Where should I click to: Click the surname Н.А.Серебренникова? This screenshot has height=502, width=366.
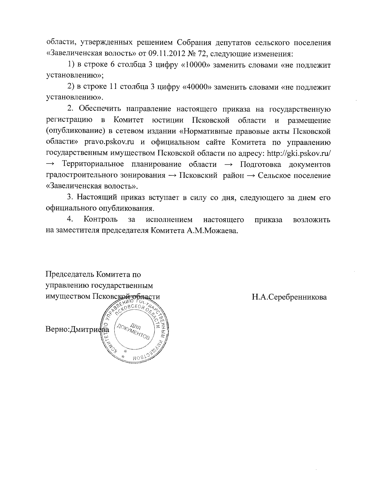(x=289, y=297)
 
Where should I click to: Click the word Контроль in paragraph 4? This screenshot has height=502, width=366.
(x=100, y=219)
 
